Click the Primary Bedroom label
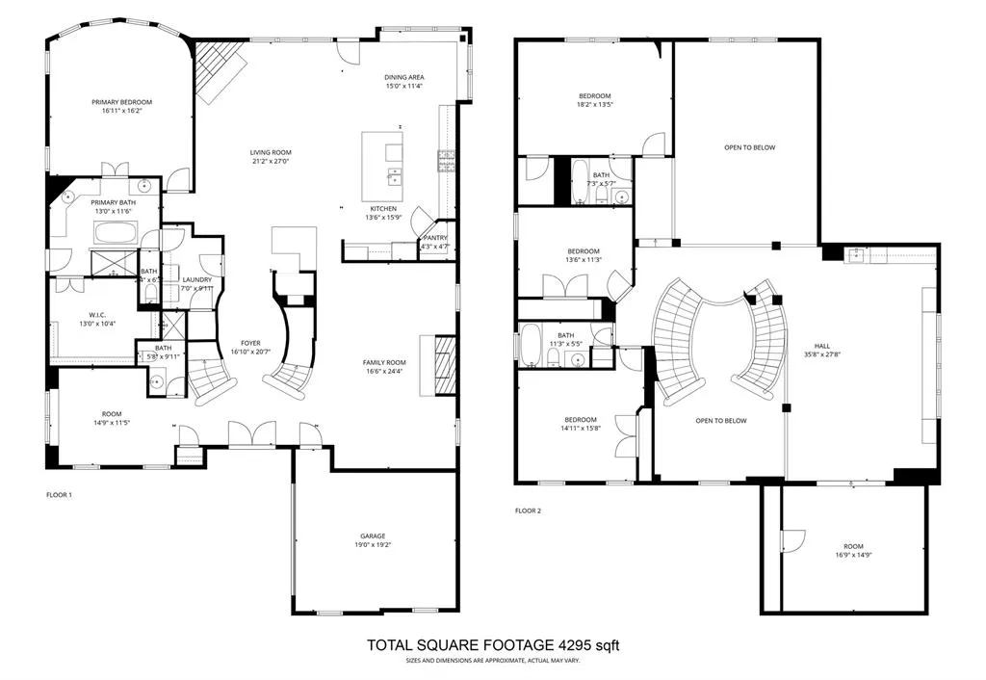(122, 102)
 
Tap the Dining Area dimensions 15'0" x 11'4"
(404, 87)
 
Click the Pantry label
(435, 238)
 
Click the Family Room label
(384, 363)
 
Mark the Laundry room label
(196, 280)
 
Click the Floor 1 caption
(60, 495)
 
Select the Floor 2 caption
(528, 510)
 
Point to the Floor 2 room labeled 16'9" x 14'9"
(851, 550)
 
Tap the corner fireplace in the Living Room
(217, 70)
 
